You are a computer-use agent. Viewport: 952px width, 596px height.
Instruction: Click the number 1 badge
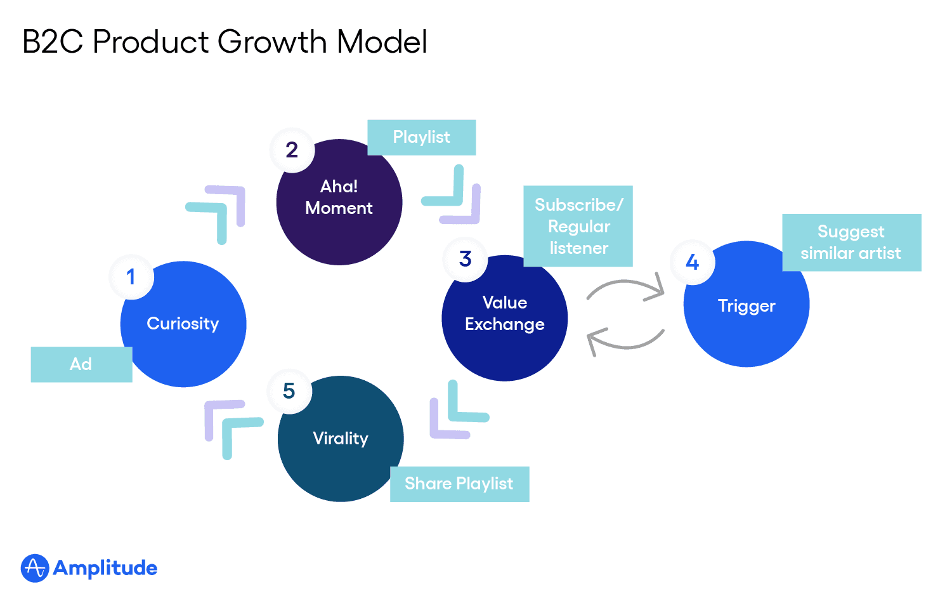(131, 277)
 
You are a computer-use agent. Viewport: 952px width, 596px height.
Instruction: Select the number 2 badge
(292, 150)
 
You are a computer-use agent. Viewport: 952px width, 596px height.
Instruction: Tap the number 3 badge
(466, 259)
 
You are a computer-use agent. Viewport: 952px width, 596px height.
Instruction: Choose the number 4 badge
(693, 262)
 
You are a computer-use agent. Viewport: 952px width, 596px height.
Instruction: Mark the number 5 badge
(289, 391)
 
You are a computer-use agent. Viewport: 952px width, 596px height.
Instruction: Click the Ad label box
(81, 364)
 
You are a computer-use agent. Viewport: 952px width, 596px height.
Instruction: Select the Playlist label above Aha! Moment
(422, 137)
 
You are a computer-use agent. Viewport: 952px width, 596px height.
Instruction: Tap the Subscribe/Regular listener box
(578, 226)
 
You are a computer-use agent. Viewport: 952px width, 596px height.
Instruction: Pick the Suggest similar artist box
(851, 242)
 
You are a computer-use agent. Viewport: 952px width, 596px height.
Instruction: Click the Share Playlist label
(459, 484)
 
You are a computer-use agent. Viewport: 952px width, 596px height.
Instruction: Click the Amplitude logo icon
(35, 568)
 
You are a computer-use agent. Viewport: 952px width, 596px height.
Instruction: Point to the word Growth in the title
(272, 43)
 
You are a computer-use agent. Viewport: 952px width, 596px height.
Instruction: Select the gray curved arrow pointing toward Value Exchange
(625, 341)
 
